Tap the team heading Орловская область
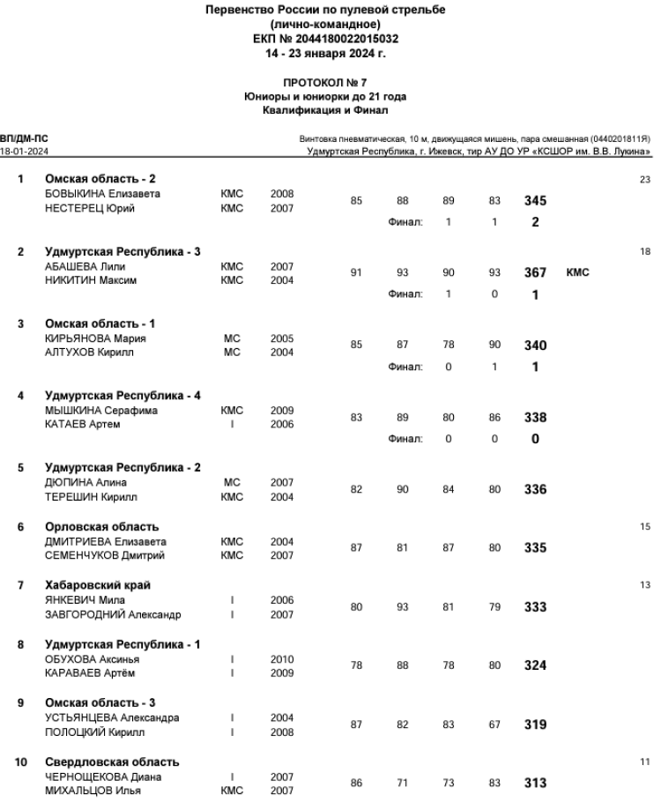pyautogui.click(x=102, y=527)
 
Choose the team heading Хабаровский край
pyautogui.click(x=98, y=585)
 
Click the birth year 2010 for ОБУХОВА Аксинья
pyautogui.click(x=282, y=658)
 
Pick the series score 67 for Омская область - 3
pyautogui.click(x=494, y=724)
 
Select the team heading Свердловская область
pyautogui.click(x=113, y=761)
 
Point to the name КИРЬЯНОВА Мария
pyautogui.click(x=95, y=338)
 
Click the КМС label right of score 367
pyautogui.click(x=578, y=272)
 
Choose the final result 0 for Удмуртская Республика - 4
pyautogui.click(x=535, y=439)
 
